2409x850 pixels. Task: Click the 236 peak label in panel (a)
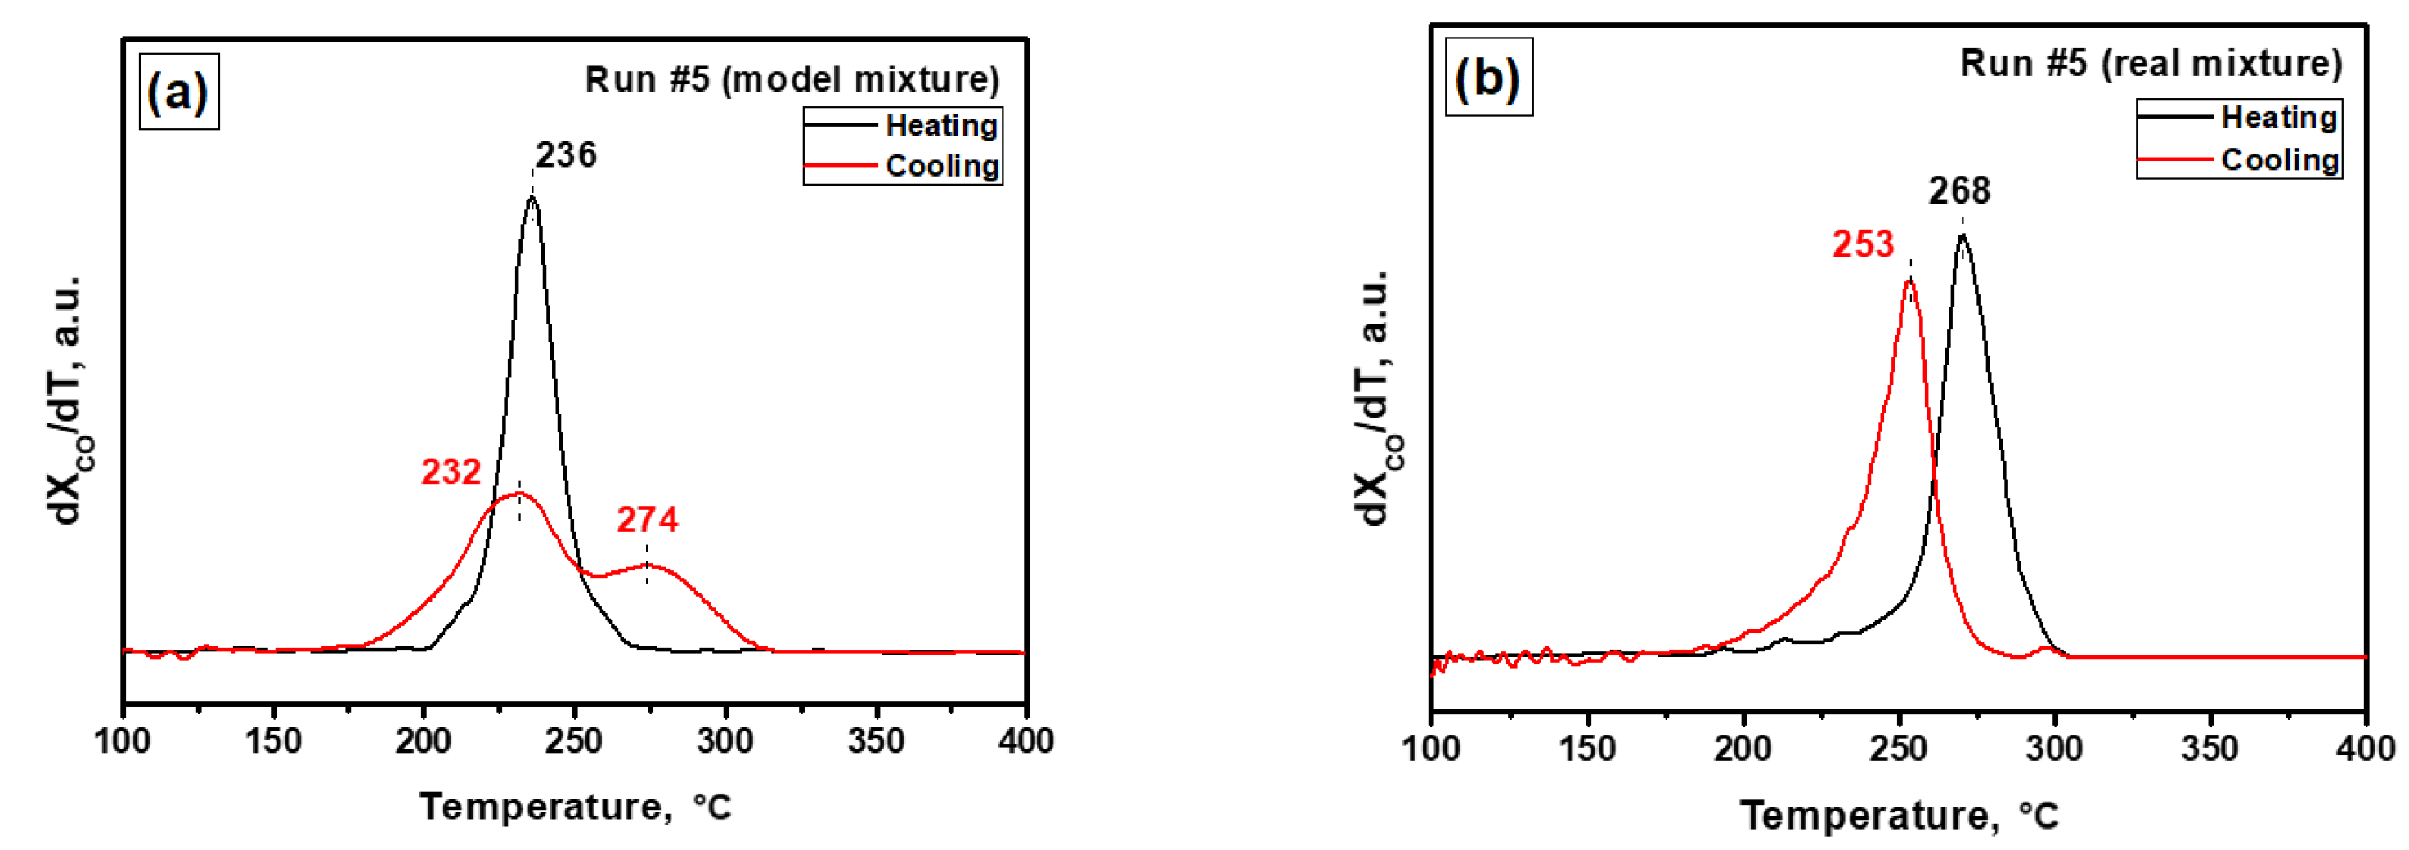(x=566, y=155)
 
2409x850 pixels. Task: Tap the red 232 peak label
(x=451, y=472)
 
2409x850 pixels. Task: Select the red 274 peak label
(x=647, y=520)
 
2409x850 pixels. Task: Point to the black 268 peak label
(x=1959, y=192)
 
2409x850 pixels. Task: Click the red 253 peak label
(x=1863, y=245)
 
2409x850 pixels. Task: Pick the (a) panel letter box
(x=178, y=92)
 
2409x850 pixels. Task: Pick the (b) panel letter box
(x=1488, y=77)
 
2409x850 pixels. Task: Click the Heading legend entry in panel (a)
(x=940, y=125)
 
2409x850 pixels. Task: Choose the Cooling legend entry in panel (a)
(x=942, y=167)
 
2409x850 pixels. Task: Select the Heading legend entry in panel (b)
(x=2278, y=118)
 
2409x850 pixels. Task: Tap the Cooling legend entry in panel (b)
(x=2280, y=160)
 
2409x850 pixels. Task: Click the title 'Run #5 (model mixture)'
(x=792, y=79)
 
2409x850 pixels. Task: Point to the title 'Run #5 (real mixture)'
(x=2151, y=64)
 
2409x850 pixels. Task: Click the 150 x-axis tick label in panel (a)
(x=273, y=741)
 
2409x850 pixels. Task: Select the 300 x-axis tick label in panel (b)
(x=2053, y=749)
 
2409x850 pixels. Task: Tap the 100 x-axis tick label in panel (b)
(x=1432, y=749)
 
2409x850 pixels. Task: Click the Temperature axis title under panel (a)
(x=575, y=806)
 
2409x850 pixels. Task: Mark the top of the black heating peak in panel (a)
(x=532, y=197)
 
